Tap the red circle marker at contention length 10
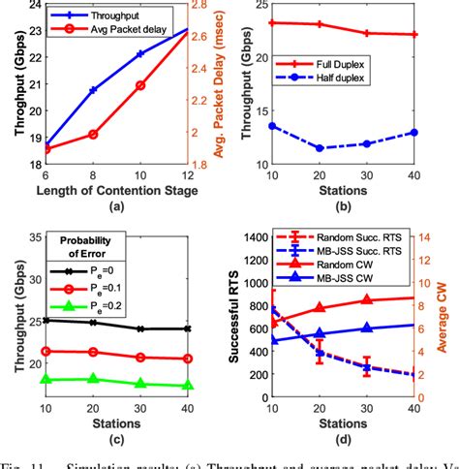coord(140,85)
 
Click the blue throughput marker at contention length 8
coord(93,90)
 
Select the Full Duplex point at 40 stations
coord(413,34)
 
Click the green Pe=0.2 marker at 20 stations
coord(93,379)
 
